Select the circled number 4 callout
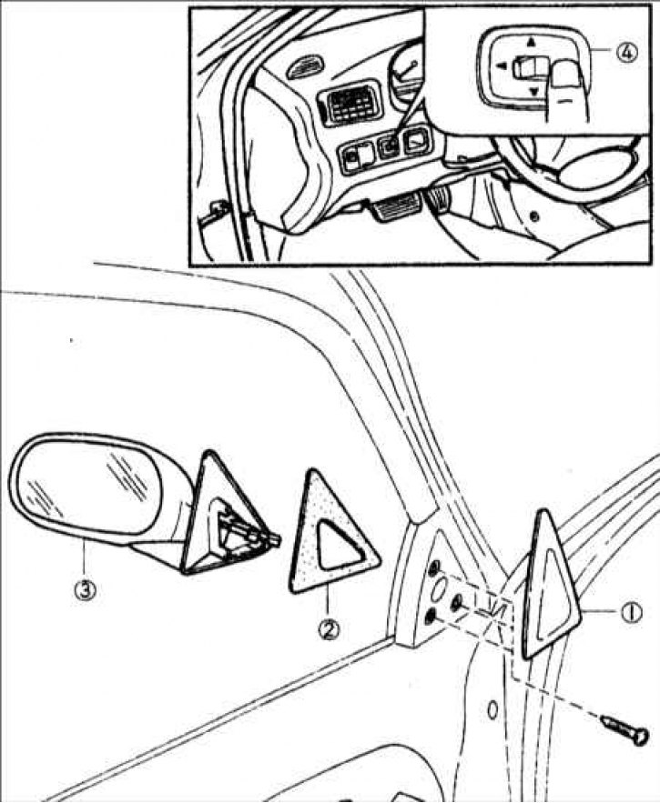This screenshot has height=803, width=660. (x=627, y=52)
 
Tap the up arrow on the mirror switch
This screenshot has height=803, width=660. (x=531, y=40)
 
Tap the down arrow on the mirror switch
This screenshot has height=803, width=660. (x=533, y=92)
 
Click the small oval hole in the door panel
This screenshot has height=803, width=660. (x=492, y=709)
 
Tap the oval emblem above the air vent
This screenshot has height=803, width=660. (x=306, y=70)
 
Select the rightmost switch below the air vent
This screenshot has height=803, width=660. (x=417, y=141)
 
